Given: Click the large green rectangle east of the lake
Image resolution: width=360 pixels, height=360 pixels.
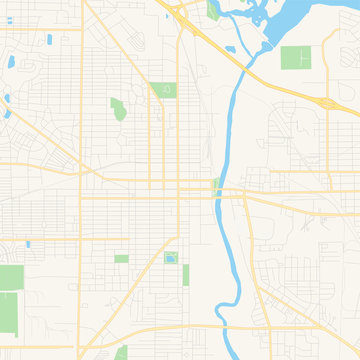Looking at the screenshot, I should (x=295, y=58).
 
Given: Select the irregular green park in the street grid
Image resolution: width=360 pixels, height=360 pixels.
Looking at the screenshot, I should (x=118, y=108).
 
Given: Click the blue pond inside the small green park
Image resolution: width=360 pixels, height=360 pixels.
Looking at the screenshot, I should (x=171, y=259).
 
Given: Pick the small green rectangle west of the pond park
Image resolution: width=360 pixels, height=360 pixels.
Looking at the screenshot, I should (x=121, y=259).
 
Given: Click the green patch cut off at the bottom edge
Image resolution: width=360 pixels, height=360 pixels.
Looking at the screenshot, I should (x=121, y=353).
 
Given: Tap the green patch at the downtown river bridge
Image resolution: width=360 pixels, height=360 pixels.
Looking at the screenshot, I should (x=217, y=187).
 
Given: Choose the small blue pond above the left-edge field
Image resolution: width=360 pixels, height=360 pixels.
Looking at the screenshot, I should (x=27, y=244).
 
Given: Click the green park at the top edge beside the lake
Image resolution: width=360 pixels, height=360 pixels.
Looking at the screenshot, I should (x=212, y=10).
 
